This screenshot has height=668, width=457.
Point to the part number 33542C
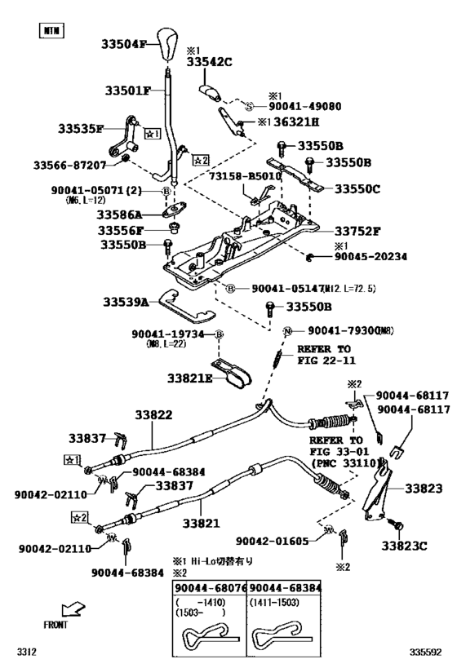(209, 61)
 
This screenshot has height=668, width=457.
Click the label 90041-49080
(302, 106)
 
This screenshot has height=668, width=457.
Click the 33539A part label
(126, 302)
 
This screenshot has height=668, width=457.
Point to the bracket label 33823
(424, 489)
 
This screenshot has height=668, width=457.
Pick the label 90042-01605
(273, 541)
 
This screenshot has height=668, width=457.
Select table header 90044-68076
(210, 588)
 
